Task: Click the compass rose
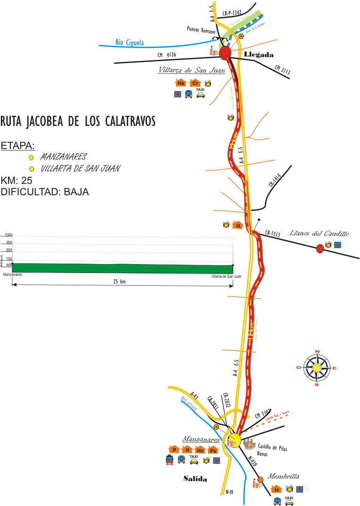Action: coord(317,368)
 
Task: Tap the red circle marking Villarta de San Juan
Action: coord(225,52)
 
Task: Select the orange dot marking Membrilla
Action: coord(260,480)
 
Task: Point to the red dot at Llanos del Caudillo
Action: coord(320,248)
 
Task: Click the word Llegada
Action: coord(259,55)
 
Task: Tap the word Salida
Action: coord(195,479)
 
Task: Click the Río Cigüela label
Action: coord(130,43)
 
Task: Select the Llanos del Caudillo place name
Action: coord(319,233)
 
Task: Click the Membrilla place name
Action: coord(284,476)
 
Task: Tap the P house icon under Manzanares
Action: coord(174,450)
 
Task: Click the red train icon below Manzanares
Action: coord(169,460)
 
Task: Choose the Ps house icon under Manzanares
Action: coord(213,450)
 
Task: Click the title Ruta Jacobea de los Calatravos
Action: coord(78,121)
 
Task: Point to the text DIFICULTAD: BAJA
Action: coord(45,192)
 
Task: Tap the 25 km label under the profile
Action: coord(122,282)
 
